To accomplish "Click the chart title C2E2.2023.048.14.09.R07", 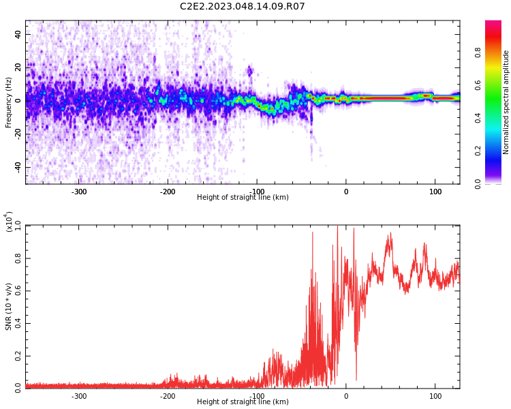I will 243,7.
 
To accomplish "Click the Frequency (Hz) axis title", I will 9,102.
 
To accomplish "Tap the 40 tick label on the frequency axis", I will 18,34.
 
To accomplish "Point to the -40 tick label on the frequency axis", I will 16,167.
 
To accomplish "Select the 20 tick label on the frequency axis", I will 18,67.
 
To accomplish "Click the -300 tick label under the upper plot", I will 79,192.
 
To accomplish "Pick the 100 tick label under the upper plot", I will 435,192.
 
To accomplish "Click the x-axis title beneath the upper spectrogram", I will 243,198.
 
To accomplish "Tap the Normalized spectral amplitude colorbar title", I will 506,102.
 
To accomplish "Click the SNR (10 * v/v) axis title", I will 9,307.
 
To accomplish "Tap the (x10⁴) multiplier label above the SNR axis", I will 9,222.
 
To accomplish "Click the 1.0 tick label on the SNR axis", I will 17,226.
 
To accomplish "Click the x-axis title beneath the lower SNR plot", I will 243,402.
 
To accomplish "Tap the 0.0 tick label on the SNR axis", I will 17,387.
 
